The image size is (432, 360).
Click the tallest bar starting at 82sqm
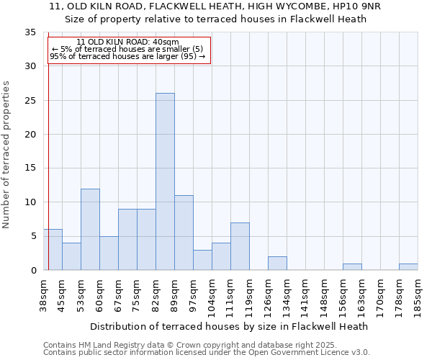click(165, 181)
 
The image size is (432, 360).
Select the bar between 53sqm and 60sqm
click(90, 229)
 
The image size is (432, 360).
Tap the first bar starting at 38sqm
click(53, 249)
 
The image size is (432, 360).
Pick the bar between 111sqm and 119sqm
click(240, 246)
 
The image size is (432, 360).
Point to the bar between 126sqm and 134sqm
click(277, 263)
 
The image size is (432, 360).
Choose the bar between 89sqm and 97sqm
click(184, 233)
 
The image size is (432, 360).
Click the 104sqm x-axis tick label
click(212, 296)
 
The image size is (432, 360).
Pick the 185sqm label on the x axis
click(418, 296)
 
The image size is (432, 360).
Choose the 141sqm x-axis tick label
click(306, 296)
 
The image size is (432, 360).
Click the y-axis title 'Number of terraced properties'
click(6, 154)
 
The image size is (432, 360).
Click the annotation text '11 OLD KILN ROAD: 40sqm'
click(127, 42)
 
